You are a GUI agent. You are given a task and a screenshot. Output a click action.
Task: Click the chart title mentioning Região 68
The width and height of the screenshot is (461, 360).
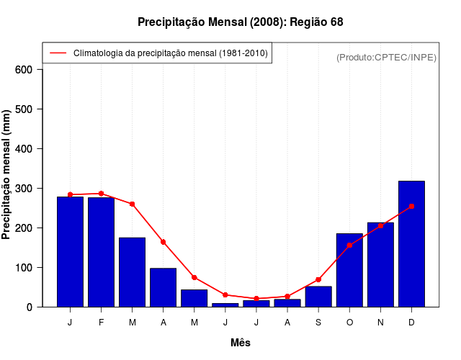point(240,22)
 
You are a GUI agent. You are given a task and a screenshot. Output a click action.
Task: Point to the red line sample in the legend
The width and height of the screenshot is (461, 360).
point(58,53)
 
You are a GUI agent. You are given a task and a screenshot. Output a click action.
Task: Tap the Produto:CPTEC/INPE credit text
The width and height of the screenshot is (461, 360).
point(386,58)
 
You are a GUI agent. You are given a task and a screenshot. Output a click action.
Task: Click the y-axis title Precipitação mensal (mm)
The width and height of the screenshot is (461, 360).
point(7,174)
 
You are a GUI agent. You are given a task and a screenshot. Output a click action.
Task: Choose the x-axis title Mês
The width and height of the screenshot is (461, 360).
point(241,343)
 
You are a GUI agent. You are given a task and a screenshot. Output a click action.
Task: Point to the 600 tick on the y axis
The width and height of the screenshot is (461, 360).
point(24,70)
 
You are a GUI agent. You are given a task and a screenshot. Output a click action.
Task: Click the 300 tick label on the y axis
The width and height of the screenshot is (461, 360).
point(24,189)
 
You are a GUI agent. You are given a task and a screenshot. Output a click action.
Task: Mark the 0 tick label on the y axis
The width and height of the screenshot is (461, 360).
point(30,307)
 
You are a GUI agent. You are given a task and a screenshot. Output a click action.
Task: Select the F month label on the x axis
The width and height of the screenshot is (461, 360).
point(102,323)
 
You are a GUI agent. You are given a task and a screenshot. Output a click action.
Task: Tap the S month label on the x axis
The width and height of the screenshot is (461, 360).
point(318,323)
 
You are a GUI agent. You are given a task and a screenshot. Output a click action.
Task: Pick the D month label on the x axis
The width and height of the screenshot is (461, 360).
point(411,323)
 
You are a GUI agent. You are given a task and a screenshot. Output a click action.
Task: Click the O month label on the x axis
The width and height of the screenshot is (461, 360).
point(349,323)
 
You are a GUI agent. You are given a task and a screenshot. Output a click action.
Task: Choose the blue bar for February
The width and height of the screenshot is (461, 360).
point(102,252)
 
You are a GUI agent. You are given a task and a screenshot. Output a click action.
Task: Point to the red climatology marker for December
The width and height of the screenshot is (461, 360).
point(411,207)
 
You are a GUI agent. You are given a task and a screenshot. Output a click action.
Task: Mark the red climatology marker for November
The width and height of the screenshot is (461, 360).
point(380,225)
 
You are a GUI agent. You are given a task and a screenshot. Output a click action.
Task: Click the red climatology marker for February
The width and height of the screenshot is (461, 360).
point(102,194)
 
